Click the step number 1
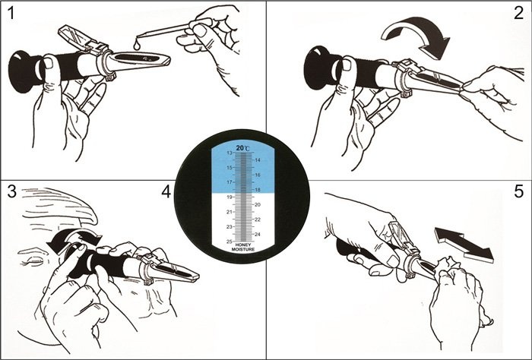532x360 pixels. point(11,14)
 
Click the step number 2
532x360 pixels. point(519,14)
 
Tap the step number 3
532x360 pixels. point(12,192)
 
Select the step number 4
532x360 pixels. point(166,192)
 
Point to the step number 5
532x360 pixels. point(519,192)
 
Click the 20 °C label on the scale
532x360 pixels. point(242,148)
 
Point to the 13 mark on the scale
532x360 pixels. point(230,153)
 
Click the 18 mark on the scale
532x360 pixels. point(258,190)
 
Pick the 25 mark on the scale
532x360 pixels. point(230,242)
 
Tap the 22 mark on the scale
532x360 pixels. point(258,219)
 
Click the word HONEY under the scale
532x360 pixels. point(243,245)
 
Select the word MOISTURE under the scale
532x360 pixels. point(243,249)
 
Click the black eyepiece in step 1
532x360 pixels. point(23,72)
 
